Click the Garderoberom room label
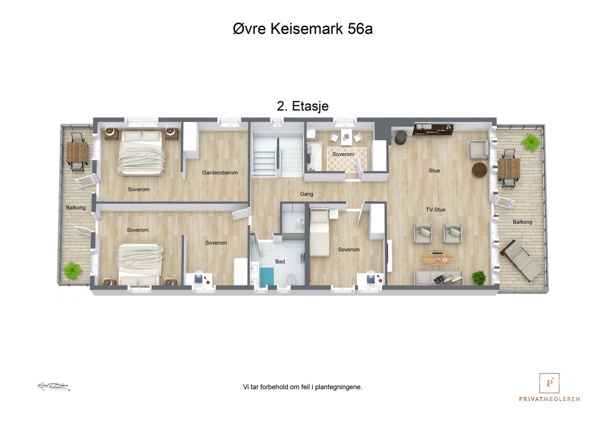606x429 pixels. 220,173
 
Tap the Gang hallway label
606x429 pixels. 306,194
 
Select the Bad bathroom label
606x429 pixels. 280,261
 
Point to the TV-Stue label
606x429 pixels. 436,210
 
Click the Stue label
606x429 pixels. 434,171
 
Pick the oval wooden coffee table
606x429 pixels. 437,258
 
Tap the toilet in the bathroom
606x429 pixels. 291,280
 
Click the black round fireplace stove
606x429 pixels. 400,138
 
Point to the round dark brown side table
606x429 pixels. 479,170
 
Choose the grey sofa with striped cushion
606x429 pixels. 438,278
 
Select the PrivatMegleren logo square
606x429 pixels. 549,383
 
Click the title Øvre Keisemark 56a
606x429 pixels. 303,29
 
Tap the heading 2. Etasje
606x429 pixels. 303,106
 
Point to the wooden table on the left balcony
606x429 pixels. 77,152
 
